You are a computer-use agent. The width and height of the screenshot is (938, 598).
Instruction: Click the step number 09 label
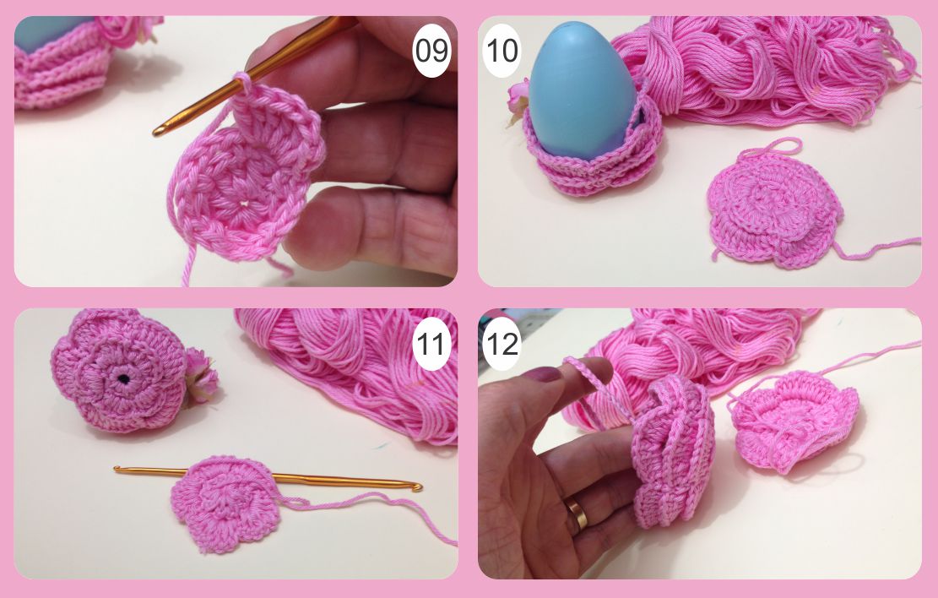coord(431,51)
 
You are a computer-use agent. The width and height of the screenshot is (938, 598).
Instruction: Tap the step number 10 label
coord(502,51)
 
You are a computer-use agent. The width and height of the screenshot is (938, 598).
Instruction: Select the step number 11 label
coord(431,345)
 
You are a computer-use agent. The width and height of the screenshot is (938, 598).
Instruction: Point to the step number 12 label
coord(502,345)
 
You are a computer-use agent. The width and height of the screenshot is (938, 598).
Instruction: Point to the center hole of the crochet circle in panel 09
coord(243,204)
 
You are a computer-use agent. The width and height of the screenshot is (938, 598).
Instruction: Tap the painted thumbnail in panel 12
coord(543,375)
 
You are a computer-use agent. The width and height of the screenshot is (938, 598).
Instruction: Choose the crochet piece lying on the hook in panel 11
coord(225,503)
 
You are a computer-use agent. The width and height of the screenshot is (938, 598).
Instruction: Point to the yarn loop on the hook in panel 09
coord(244,81)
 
